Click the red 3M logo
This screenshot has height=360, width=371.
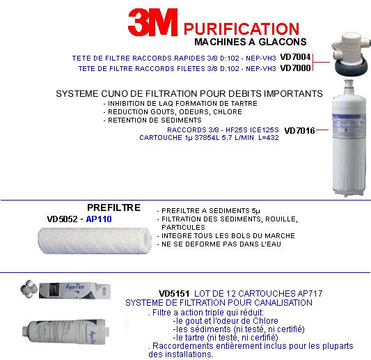153,22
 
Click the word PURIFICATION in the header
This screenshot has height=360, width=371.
242,29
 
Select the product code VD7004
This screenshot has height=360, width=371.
295,57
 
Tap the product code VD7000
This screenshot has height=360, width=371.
295,68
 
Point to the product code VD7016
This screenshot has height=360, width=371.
299,131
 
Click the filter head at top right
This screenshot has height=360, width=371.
351,54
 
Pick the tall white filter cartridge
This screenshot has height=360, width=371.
349,139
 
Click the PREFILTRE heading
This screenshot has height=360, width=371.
114,208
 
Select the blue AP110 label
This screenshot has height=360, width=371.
99,219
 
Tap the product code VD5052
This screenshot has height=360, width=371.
62,219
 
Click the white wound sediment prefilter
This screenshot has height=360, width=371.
95,240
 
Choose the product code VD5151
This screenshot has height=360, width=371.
174,294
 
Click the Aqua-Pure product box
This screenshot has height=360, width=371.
74,290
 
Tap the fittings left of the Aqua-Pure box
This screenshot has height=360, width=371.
29,288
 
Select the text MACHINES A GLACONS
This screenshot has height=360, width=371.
251,42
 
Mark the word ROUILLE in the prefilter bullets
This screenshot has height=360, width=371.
281,219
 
